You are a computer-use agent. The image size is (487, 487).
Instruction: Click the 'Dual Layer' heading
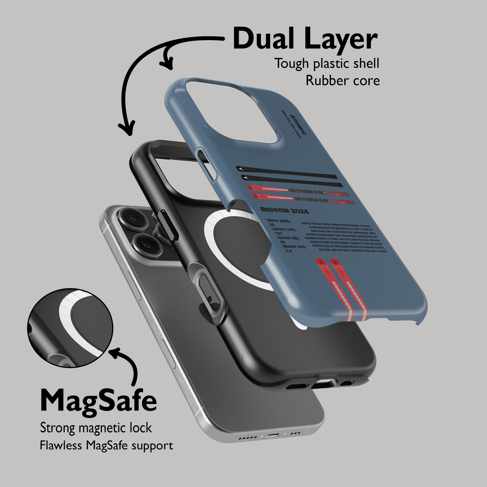coord(305,39)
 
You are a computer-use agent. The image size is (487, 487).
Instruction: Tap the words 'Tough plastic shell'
coord(327,63)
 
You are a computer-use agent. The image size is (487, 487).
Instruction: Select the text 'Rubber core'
coord(342,81)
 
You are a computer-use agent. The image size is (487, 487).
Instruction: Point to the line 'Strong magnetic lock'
coord(96,428)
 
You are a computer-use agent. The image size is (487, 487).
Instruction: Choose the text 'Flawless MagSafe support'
coord(106,446)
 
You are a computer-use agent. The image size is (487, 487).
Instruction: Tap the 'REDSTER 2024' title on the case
coord(285,211)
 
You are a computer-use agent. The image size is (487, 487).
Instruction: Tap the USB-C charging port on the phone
coord(272,435)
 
